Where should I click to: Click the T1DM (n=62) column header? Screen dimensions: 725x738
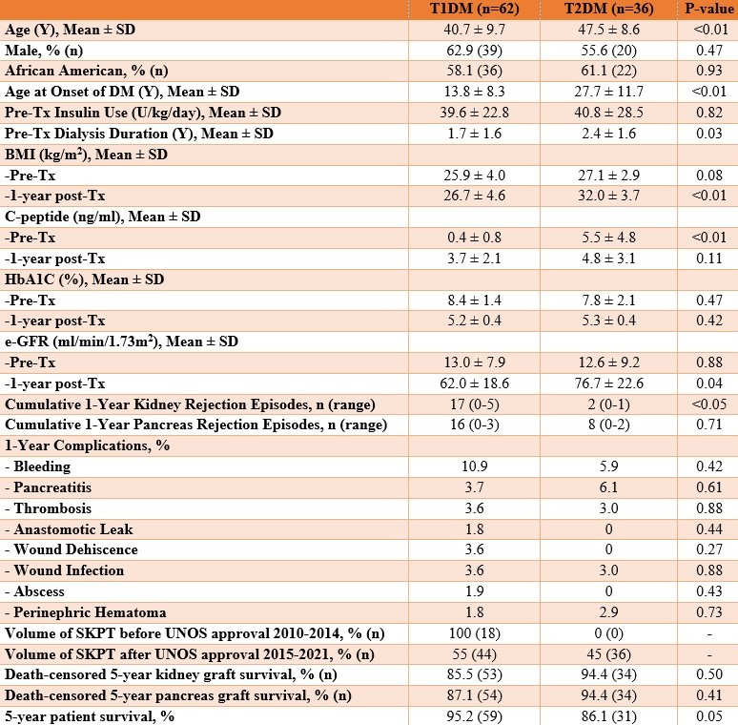(469, 9)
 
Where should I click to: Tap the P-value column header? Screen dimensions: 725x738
(705, 9)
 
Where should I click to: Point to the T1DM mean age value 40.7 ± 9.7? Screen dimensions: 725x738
(469, 30)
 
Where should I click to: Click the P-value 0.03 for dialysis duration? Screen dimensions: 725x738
(705, 134)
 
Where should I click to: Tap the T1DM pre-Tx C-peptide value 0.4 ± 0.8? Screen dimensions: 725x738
(469, 238)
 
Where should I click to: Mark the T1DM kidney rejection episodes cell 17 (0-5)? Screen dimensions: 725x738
(469, 404)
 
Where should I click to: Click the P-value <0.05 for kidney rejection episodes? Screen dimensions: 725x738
(705, 404)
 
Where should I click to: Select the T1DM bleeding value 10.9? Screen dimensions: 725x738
(469, 466)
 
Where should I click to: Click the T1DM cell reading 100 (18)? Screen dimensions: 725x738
(469, 632)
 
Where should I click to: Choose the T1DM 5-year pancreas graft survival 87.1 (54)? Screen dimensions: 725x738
(469, 694)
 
